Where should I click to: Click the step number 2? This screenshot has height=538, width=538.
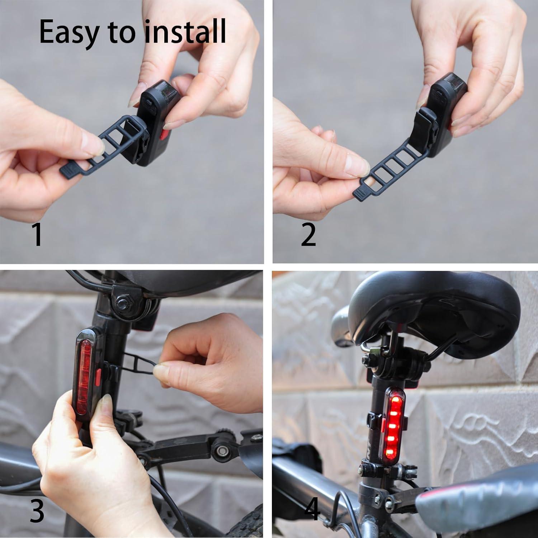coord(308,234)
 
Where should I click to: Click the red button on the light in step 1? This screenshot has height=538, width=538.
coord(165,134)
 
